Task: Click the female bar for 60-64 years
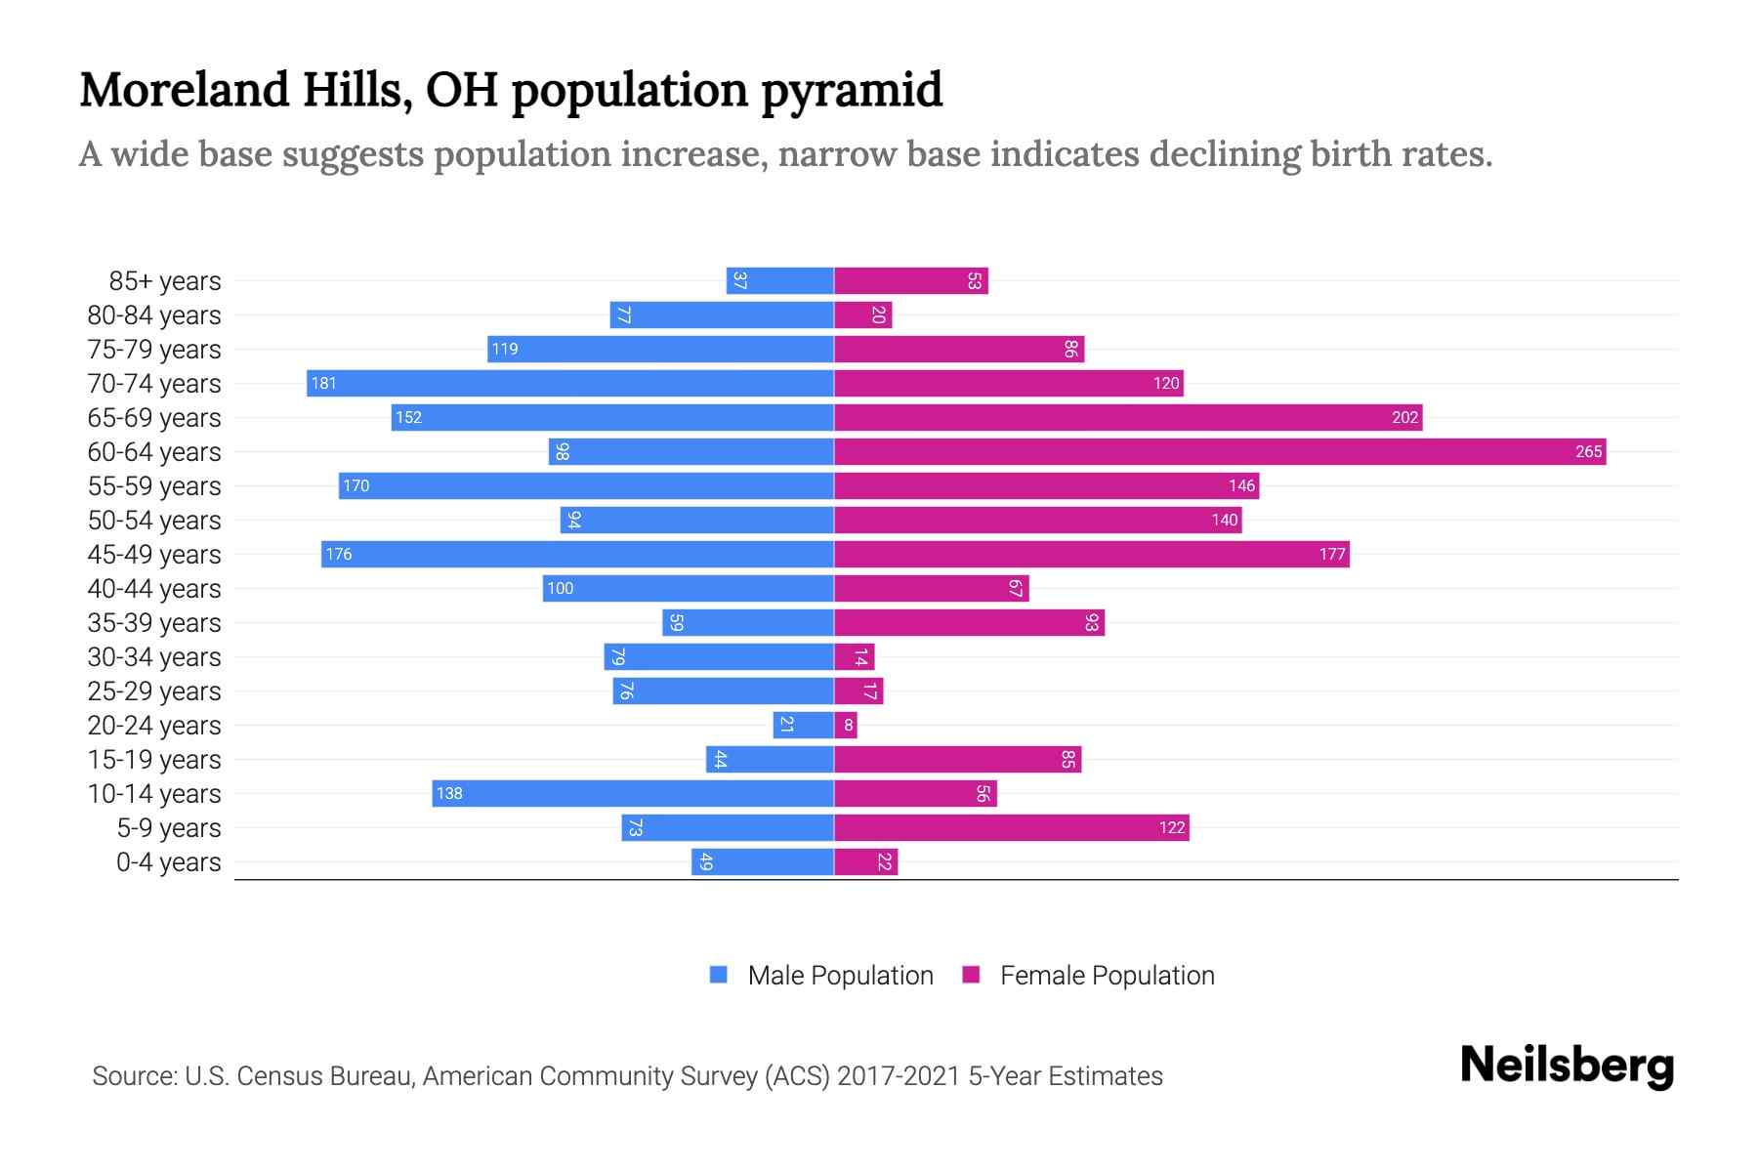tap(1219, 451)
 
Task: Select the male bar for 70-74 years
tap(570, 383)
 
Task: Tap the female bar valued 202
tap(1128, 417)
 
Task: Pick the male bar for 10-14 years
tap(633, 793)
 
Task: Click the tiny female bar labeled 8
tap(846, 725)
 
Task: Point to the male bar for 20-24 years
tap(803, 725)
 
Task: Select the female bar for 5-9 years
tap(1011, 827)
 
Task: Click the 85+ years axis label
tap(164, 281)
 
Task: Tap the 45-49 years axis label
tap(154, 555)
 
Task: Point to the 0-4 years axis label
tap(168, 862)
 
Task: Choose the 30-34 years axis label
tap(154, 657)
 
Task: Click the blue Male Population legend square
tap(719, 975)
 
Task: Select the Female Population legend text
tap(1107, 976)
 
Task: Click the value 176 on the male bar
tap(339, 554)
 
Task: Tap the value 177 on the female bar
tap(1331, 554)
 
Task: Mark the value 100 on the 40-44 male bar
tap(560, 588)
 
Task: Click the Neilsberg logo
tap(1567, 1066)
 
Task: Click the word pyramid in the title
tap(852, 91)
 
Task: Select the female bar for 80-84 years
tap(862, 314)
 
